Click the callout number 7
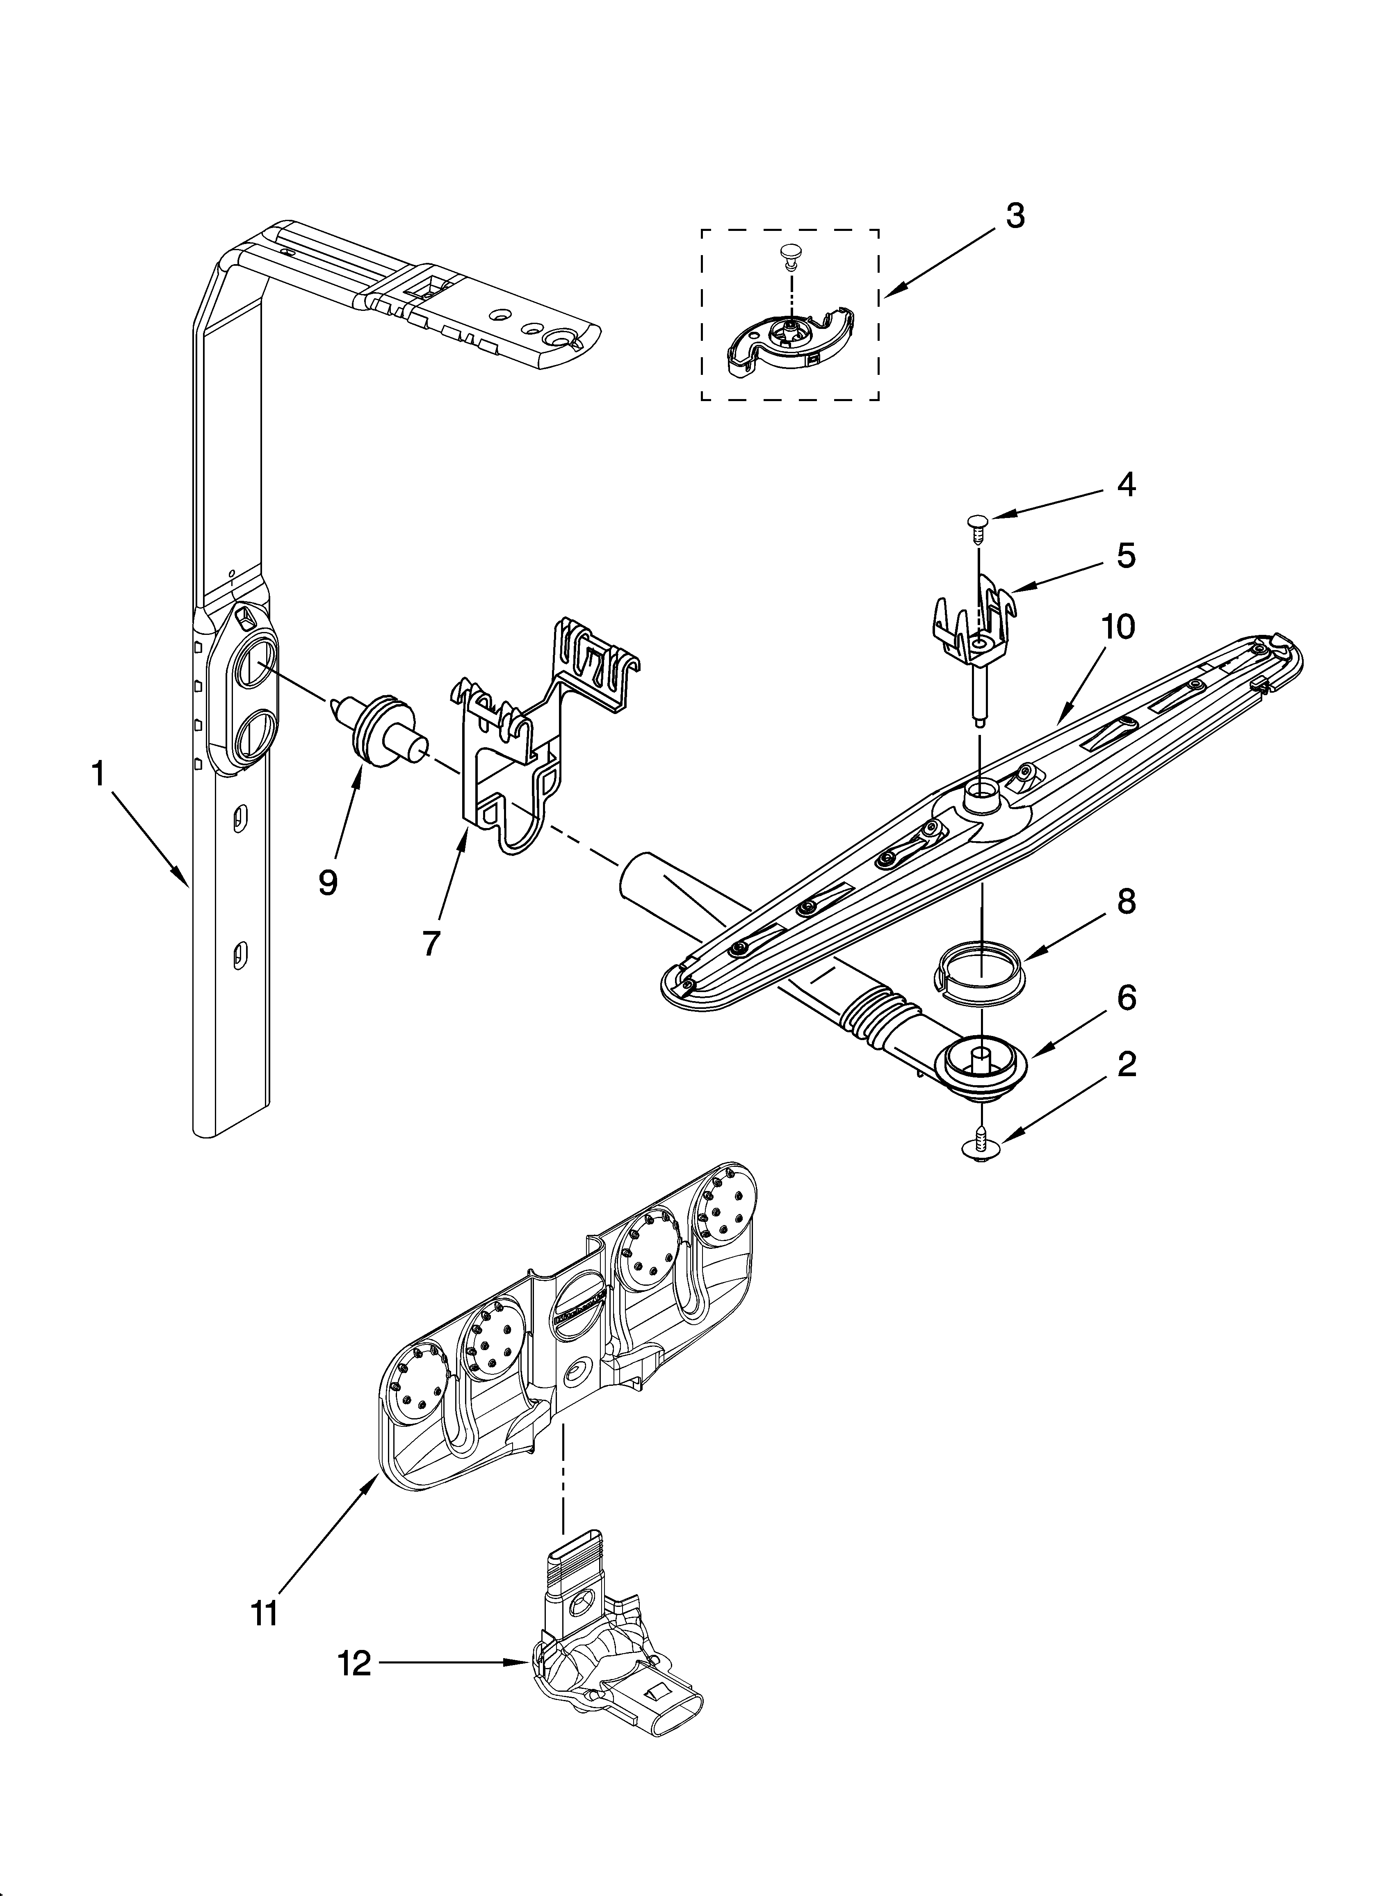coord(430,943)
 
